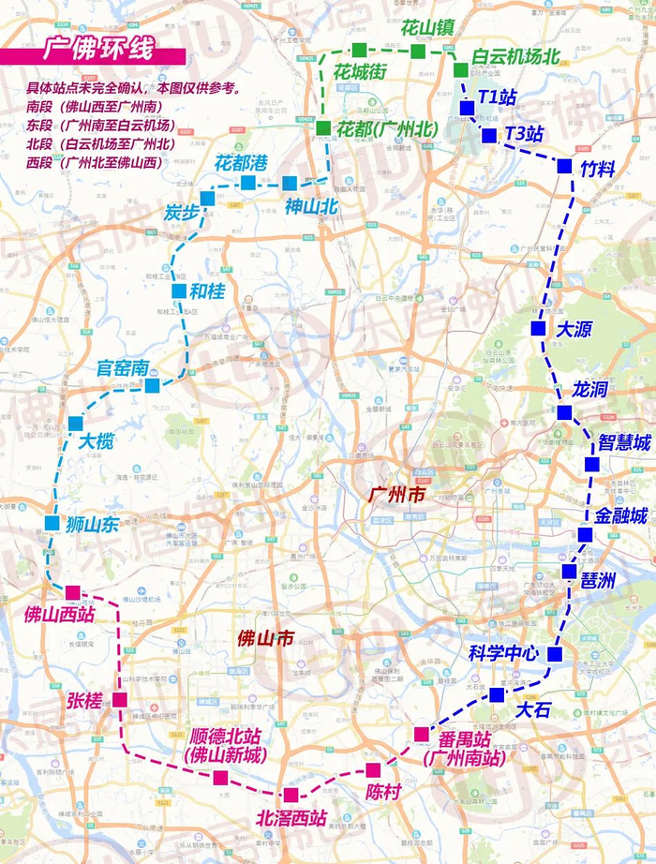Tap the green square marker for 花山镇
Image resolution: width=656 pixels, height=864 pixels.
click(417, 51)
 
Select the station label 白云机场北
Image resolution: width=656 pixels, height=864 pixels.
click(514, 56)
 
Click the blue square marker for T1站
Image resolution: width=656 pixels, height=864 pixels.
click(467, 108)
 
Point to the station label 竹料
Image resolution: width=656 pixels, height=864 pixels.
click(600, 168)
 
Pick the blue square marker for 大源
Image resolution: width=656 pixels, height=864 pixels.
click(538, 328)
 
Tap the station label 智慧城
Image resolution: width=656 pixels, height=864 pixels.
click(623, 441)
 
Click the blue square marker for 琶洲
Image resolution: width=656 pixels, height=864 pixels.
click(569, 571)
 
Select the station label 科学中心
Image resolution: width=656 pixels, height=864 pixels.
click(503, 654)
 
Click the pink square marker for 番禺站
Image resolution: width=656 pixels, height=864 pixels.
click(421, 734)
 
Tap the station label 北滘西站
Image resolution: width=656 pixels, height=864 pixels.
click(292, 818)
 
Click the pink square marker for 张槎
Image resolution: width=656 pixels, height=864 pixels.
click(120, 699)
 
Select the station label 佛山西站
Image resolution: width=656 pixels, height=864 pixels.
click(60, 615)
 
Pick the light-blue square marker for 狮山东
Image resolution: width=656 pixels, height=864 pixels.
click(52, 523)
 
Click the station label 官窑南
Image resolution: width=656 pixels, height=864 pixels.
click(123, 368)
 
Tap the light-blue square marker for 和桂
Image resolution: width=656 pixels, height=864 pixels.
click(179, 291)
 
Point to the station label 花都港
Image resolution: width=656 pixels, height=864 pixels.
click(242, 162)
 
